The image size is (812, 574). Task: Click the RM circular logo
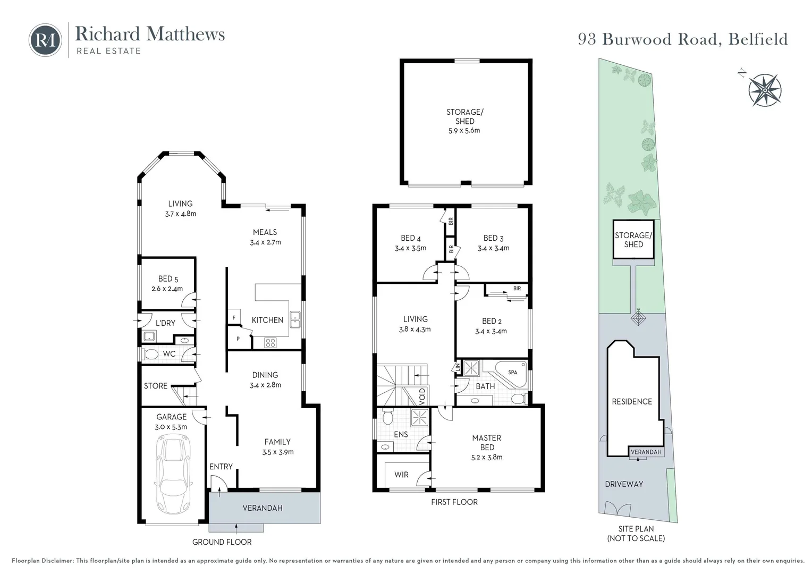coord(45,40)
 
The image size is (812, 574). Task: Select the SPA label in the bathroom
coord(512,372)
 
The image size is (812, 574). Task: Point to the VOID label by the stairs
coord(422,396)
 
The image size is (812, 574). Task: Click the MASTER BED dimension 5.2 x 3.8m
coord(487,457)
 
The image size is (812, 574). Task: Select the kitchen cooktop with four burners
coord(270,343)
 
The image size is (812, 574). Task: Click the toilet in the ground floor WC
coord(151,354)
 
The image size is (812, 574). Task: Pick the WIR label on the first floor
coord(401,475)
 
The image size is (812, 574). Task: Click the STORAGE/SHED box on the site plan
coord(633,240)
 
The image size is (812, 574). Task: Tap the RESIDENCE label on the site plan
coord(631,401)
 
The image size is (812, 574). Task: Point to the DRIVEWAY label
coord(623,484)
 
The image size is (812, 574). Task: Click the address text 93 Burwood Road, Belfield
coord(682,39)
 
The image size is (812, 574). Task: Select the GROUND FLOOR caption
coord(222,542)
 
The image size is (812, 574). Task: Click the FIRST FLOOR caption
coord(454,502)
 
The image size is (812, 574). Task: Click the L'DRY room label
coord(165,323)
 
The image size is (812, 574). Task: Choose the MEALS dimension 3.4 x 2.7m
coord(265,242)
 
